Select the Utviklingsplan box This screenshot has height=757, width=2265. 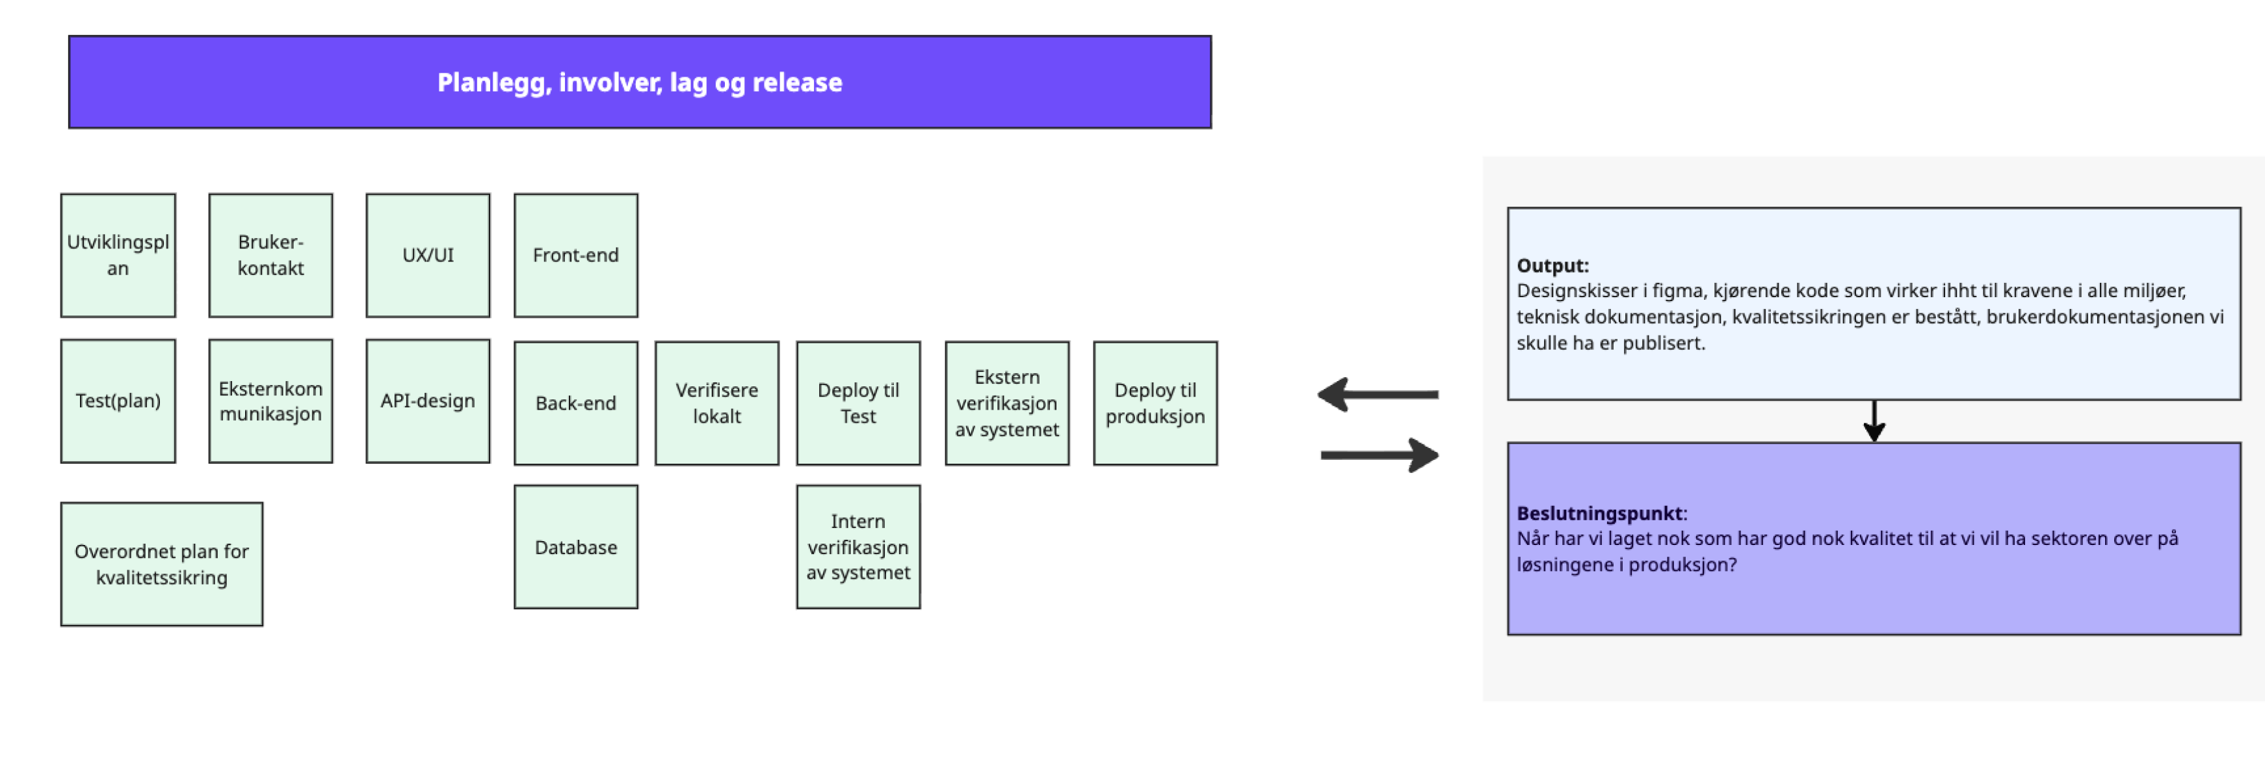(118, 255)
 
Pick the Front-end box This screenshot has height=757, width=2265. (575, 255)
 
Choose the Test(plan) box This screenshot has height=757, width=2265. (118, 401)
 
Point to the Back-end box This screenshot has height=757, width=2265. (575, 403)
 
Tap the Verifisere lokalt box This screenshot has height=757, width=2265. (716, 403)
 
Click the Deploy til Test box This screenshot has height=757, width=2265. (858, 403)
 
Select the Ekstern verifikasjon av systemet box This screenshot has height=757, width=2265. (1007, 403)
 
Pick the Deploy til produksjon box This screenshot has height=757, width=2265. (1155, 403)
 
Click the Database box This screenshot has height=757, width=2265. (575, 547)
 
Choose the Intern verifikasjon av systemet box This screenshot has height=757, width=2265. (858, 547)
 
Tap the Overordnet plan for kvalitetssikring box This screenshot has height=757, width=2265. (162, 564)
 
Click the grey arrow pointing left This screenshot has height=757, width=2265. (1377, 395)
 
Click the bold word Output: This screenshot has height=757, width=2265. (1552, 265)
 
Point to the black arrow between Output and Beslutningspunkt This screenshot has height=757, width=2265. (1874, 421)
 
